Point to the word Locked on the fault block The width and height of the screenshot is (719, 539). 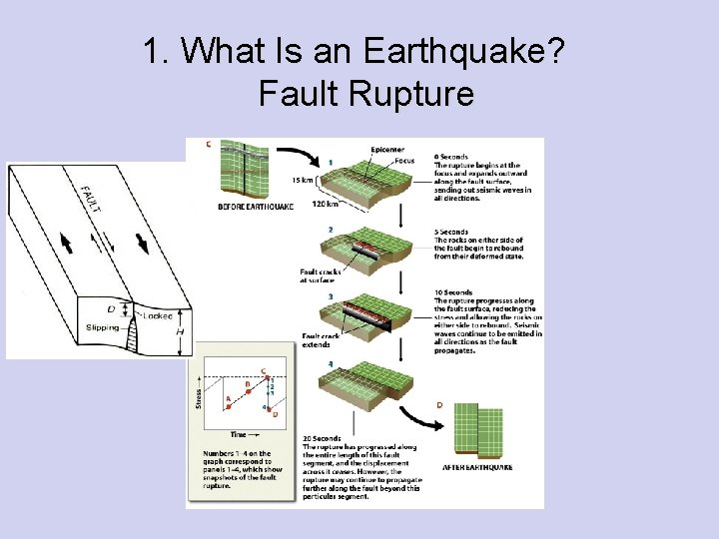158,315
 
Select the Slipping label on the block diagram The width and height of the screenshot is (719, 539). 103,326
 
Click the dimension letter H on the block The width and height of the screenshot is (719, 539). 180,332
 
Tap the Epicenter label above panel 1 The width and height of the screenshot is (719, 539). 387,150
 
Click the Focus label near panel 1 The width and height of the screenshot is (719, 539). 404,160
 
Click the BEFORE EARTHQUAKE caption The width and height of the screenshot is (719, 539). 256,207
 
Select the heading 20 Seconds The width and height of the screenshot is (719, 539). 321,438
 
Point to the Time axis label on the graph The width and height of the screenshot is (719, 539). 240,435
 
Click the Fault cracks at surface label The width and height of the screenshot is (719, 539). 320,275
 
